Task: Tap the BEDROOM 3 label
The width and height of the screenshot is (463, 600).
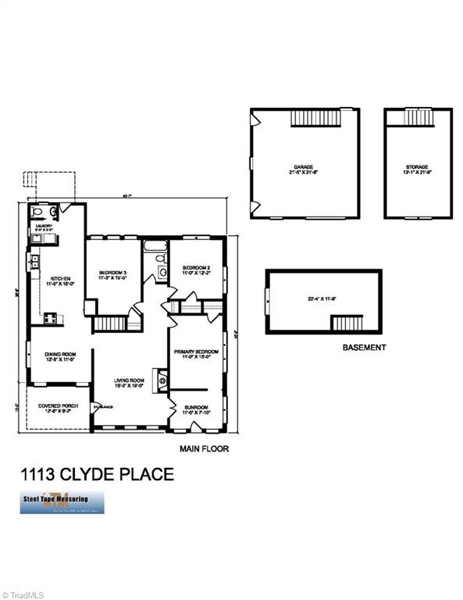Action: coord(113,273)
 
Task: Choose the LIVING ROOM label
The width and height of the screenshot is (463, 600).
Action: coord(126,380)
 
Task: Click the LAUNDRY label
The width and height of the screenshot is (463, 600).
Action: coord(42,226)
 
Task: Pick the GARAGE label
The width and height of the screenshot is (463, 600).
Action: coord(304,167)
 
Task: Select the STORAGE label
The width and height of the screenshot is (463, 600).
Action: coord(418,167)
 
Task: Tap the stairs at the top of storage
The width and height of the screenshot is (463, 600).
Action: coord(418,116)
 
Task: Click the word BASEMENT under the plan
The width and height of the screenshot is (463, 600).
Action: coord(365,347)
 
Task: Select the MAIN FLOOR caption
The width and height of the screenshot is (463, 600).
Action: coord(204,449)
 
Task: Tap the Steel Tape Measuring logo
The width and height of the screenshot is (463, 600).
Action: coord(55,501)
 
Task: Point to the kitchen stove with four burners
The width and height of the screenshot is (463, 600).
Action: coord(50,318)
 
